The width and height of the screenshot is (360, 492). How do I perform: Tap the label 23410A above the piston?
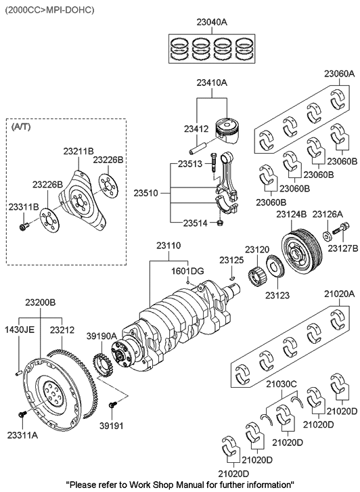(211, 83)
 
